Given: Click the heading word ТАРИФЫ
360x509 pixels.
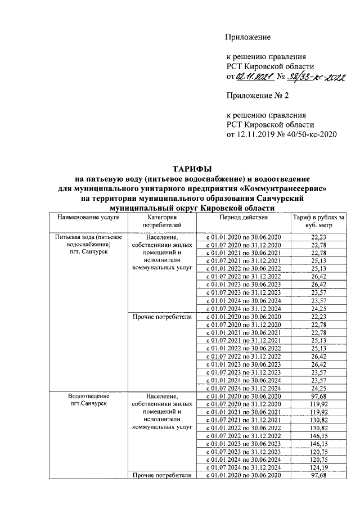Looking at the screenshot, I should [x=192, y=169].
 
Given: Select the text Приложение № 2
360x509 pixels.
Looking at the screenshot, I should [x=254, y=96].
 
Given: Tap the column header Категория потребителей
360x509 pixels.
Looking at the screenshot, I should [x=162, y=221].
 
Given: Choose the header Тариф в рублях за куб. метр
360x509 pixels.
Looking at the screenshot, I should [x=318, y=221].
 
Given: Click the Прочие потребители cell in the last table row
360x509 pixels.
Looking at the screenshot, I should [x=162, y=476].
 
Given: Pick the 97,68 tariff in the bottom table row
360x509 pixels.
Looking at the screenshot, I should [x=318, y=476].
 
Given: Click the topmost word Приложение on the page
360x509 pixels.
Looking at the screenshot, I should [x=248, y=38].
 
